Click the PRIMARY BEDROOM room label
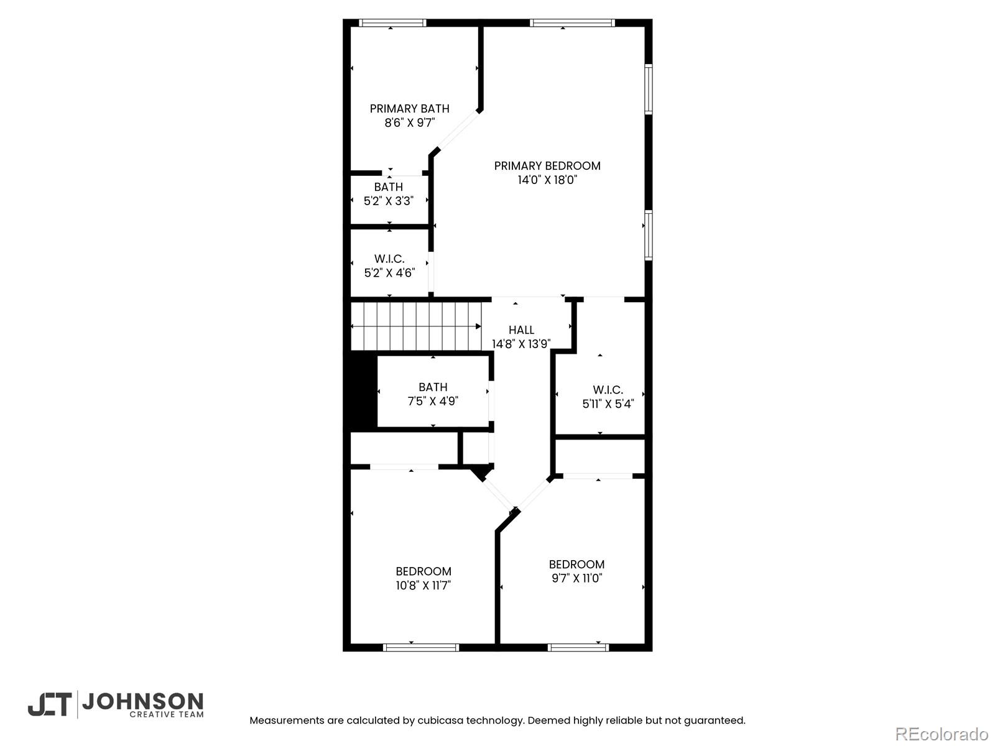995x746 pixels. click(x=547, y=165)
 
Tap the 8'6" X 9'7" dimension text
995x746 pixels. click(x=409, y=122)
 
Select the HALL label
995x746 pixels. click(x=521, y=329)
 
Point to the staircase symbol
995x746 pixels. click(x=415, y=326)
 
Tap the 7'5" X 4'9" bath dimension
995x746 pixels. click(x=433, y=401)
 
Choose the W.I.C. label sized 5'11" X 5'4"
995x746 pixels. click(x=608, y=390)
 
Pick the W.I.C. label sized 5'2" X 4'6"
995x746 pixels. click(x=389, y=259)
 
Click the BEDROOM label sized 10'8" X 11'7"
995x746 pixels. click(x=423, y=571)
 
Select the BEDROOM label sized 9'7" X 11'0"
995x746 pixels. click(x=576, y=564)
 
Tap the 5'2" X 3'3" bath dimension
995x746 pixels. click(x=389, y=201)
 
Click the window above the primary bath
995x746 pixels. click(x=392, y=23)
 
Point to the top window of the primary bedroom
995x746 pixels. click(x=572, y=23)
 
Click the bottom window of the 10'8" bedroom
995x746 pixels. click(x=421, y=647)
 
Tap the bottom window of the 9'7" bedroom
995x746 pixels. click(x=578, y=647)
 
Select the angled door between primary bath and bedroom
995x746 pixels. click(x=458, y=131)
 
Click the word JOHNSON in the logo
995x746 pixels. click(x=142, y=702)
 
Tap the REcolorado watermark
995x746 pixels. click(x=942, y=734)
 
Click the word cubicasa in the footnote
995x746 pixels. click(x=440, y=721)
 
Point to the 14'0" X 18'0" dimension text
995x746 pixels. click(x=547, y=180)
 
